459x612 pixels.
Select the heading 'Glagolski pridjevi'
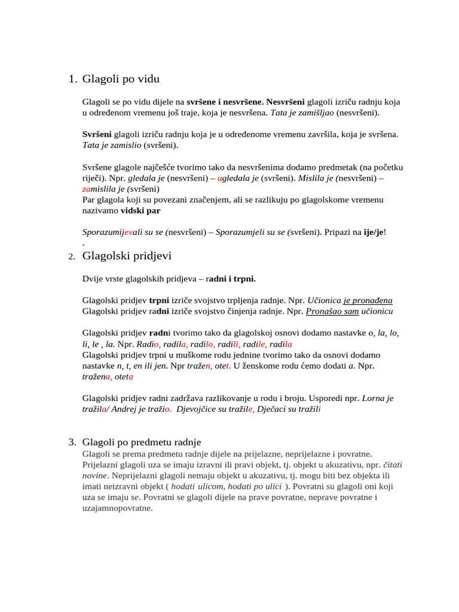[127, 256]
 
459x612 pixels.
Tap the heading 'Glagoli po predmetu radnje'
[142, 442]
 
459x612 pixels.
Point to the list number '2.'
[71, 257]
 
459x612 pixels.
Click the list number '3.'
[72, 442]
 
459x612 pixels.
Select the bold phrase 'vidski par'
[140, 210]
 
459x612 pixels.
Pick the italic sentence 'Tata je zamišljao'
[302, 112]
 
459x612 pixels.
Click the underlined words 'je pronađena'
[368, 300]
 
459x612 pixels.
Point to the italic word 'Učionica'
[323, 300]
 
